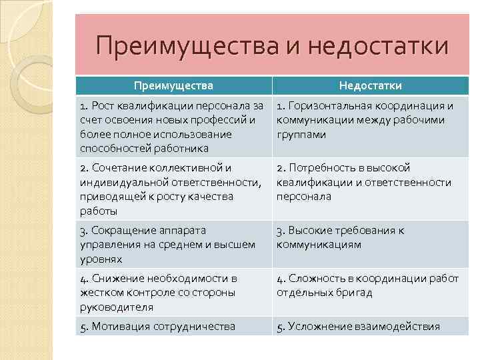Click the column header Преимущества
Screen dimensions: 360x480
tap(173, 85)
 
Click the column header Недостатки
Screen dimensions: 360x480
tap(370, 85)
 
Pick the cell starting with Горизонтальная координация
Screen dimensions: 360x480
tap(370, 120)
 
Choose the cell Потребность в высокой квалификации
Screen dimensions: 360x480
tap(370, 182)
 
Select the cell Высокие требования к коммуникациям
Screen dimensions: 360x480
tap(370, 237)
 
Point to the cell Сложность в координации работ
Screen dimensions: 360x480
tap(370, 285)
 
